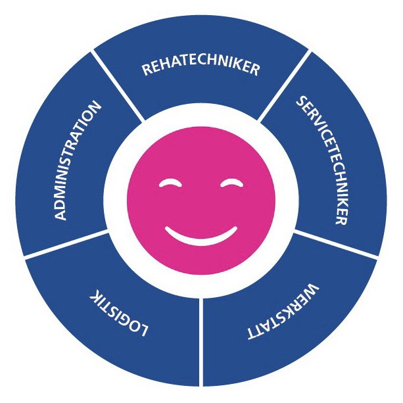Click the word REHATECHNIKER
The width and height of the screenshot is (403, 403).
click(x=201, y=67)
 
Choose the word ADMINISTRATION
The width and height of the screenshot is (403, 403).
click(x=76, y=160)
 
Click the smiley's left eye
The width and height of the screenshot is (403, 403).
click(x=170, y=183)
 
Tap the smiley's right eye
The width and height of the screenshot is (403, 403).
click(x=231, y=183)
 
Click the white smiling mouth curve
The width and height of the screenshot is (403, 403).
click(x=201, y=238)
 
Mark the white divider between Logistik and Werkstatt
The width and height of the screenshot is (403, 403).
click(x=201, y=342)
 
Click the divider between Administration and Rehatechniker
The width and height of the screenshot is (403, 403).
click(x=117, y=85)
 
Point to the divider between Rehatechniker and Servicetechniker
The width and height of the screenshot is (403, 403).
click(x=285, y=85)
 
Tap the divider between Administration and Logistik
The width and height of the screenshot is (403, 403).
click(x=66, y=244)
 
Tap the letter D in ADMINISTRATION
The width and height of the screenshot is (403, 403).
click(x=60, y=204)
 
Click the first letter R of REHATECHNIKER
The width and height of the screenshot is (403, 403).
click(x=147, y=70)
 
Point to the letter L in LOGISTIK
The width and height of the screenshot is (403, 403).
click(x=143, y=331)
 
